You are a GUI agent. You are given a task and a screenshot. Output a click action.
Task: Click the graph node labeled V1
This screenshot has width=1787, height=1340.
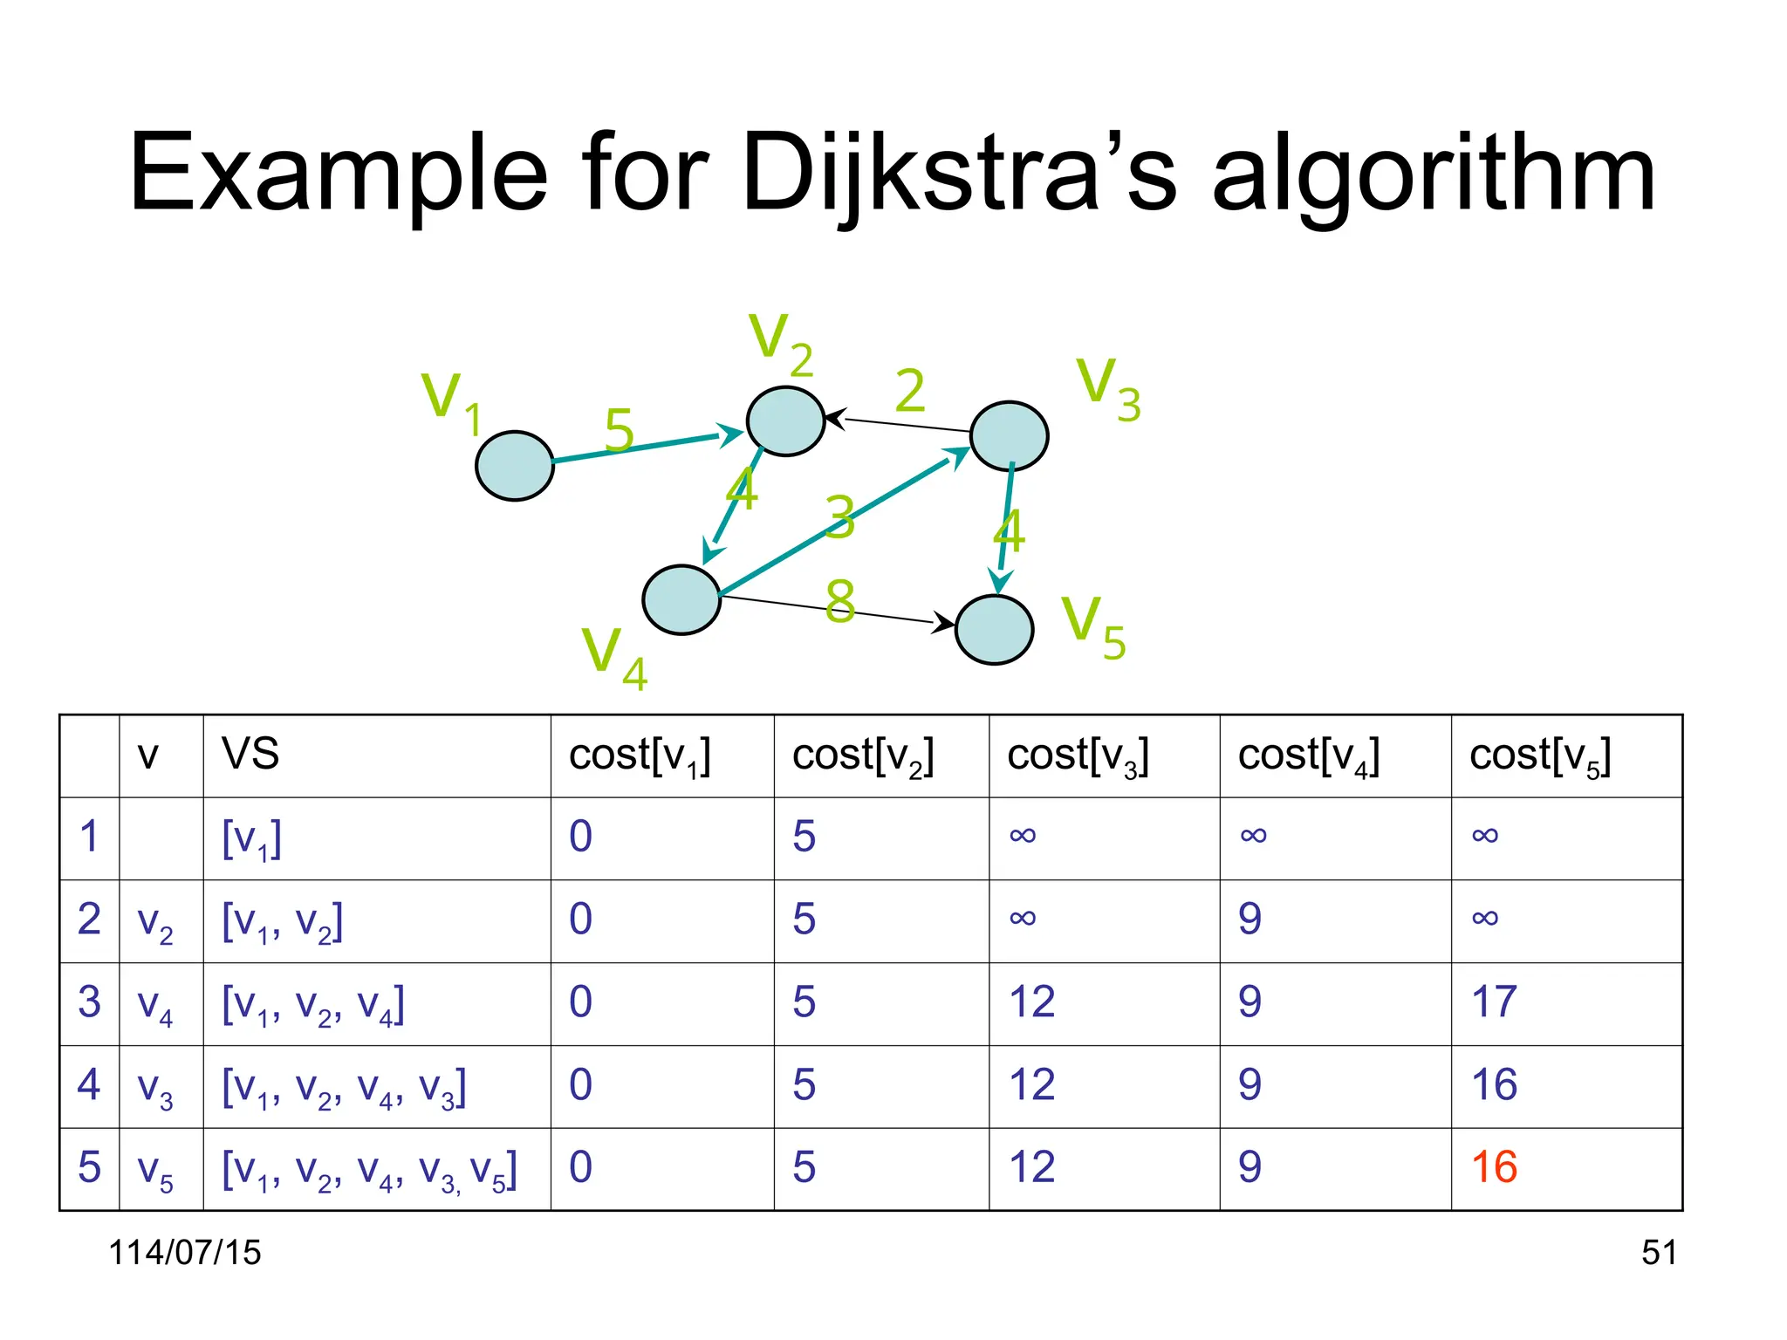click(x=514, y=465)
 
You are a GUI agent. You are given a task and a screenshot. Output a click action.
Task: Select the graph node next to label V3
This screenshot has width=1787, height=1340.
click(x=1009, y=435)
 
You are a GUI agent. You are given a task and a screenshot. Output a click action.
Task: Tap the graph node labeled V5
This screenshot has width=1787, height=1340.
click(x=994, y=629)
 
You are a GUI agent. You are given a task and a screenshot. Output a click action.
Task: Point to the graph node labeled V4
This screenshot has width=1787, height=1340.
click(x=681, y=599)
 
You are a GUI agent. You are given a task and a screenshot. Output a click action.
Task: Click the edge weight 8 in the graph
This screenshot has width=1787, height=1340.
click(x=839, y=601)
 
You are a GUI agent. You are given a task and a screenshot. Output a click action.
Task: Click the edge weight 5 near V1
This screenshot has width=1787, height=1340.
click(x=619, y=430)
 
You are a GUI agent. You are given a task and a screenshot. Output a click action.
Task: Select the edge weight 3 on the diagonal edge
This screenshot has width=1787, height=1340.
click(x=839, y=516)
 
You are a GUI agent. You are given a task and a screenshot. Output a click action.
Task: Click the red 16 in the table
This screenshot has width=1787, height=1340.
click(x=1493, y=1167)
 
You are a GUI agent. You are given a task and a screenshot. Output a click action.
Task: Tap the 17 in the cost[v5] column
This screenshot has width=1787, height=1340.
click(x=1493, y=1002)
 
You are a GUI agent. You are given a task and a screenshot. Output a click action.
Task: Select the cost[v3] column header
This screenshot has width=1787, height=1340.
click(x=1077, y=755)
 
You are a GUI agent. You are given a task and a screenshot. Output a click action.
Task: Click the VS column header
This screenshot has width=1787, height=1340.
click(x=250, y=754)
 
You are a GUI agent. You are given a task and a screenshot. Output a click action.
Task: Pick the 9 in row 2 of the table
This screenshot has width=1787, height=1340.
click(x=1249, y=919)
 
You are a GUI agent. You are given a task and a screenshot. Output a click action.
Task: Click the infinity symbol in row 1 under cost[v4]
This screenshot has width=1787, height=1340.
click(x=1253, y=836)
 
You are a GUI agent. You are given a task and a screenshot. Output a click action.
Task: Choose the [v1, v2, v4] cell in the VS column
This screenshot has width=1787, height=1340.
click(x=312, y=1004)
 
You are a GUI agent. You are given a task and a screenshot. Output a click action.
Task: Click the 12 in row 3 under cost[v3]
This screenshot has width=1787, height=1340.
click(x=1031, y=1002)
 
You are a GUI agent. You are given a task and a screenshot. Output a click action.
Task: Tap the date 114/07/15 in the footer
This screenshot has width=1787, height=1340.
click(x=184, y=1253)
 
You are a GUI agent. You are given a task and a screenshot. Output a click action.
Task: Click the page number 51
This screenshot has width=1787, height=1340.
click(x=1658, y=1253)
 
